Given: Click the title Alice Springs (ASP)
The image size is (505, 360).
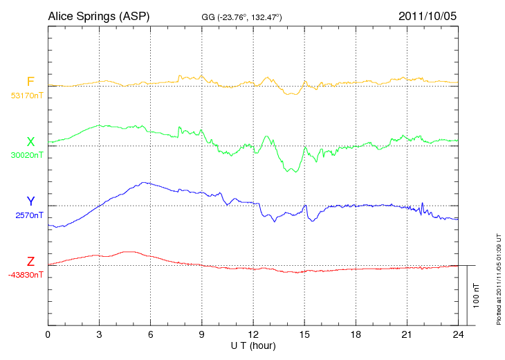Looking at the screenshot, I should (98, 15).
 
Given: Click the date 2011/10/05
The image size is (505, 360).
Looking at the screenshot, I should (428, 15).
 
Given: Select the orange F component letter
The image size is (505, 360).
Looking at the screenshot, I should (30, 82).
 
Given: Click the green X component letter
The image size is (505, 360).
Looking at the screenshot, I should (30, 142).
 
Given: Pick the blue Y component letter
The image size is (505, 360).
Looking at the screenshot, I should (30, 201).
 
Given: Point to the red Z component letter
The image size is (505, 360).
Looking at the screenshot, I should (30, 261).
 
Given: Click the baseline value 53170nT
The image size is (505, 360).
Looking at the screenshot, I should (26, 96).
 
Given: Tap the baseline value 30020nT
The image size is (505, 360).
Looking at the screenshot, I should (26, 155).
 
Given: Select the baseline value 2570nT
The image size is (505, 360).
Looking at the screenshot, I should (29, 215).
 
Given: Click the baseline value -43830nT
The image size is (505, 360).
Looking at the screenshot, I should (26, 275).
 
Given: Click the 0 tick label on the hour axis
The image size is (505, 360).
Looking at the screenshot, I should (48, 335).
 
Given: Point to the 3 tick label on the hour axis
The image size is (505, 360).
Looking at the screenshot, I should (100, 335).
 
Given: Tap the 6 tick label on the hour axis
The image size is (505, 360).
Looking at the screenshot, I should (151, 335).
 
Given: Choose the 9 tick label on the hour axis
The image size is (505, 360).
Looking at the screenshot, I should (202, 335).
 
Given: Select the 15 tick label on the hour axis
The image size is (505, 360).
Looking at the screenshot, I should (304, 335).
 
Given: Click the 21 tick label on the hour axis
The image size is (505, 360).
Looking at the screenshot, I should (407, 335).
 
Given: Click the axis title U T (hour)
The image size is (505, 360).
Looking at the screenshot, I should (253, 345).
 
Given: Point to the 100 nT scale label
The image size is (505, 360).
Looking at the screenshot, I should (477, 296).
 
